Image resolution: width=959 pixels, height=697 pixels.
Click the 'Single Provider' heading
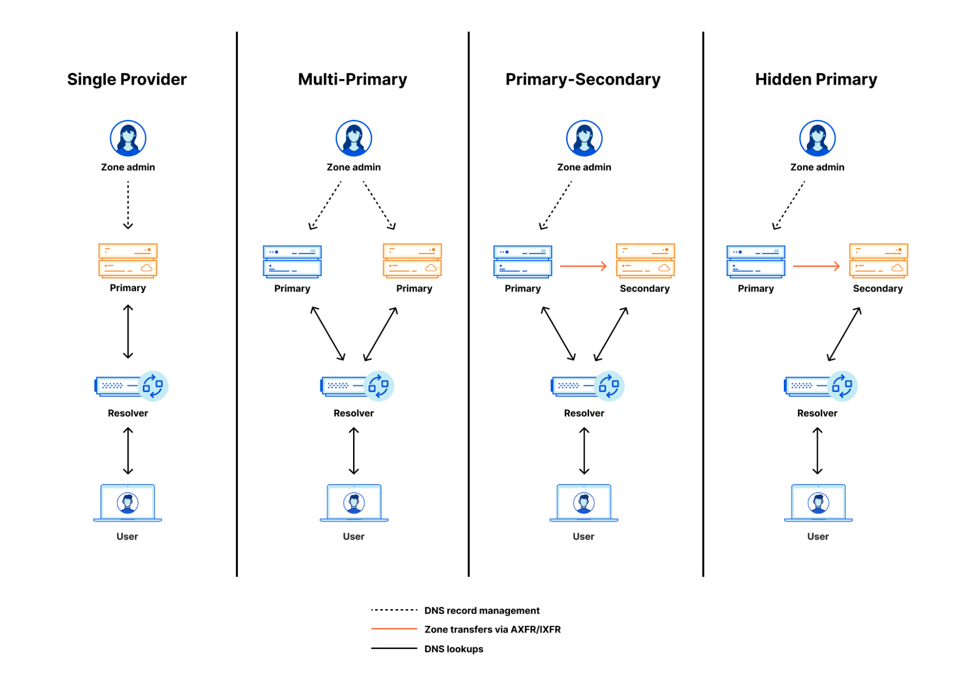pyautogui.click(x=127, y=79)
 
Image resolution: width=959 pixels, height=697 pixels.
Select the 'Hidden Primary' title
pyautogui.click(x=816, y=79)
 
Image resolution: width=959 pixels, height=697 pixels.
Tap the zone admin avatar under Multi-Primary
pyautogui.click(x=354, y=138)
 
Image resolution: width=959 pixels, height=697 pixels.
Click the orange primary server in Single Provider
pyautogui.click(x=128, y=260)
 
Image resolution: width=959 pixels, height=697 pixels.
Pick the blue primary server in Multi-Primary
pyautogui.click(x=292, y=261)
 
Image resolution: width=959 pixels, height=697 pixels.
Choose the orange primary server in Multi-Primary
pyautogui.click(x=412, y=260)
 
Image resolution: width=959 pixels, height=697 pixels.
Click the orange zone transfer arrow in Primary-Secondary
pyautogui.click(x=583, y=266)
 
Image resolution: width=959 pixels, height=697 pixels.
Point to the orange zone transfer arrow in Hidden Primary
pyautogui.click(x=816, y=266)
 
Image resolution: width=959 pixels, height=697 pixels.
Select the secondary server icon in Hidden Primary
pyautogui.click(x=878, y=260)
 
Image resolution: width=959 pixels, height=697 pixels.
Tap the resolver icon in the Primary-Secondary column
pyautogui.click(x=587, y=386)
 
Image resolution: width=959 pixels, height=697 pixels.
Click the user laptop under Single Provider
pyautogui.click(x=128, y=503)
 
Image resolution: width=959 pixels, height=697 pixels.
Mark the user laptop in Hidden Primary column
pyautogui.click(x=818, y=503)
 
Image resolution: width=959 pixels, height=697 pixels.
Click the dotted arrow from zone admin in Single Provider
pyautogui.click(x=128, y=205)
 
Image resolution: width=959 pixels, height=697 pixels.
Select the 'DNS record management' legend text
pyautogui.click(x=482, y=610)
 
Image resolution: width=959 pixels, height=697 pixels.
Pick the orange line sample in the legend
pyautogui.click(x=394, y=628)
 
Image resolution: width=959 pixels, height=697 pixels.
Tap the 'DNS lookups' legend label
pyautogui.click(x=453, y=649)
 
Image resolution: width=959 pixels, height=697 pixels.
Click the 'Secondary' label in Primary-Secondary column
pyautogui.click(x=644, y=288)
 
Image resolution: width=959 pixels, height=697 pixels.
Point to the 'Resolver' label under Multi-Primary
pyautogui.click(x=354, y=413)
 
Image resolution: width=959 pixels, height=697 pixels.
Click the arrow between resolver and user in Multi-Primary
pyautogui.click(x=354, y=451)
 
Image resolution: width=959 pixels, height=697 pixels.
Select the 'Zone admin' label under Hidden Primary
pyautogui.click(x=817, y=167)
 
